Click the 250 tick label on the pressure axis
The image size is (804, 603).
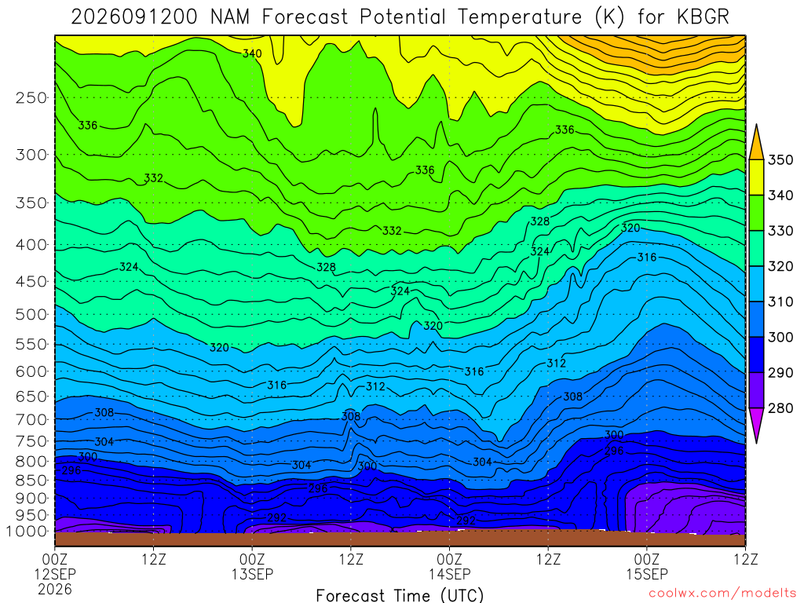tap(31, 98)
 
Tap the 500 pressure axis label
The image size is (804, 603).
tap(31, 314)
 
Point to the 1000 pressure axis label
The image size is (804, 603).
tap(27, 532)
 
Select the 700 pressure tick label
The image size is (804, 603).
tap(31, 420)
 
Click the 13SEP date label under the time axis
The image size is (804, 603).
tap(252, 574)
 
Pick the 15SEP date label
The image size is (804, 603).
tap(647, 574)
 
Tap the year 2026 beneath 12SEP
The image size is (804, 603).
tap(55, 589)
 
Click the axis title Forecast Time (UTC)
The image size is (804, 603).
tap(400, 595)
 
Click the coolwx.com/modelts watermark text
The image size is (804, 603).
tap(722, 594)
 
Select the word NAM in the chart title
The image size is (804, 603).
tap(230, 17)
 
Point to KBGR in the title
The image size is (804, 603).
tap(703, 17)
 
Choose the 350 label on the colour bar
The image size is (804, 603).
tap(780, 160)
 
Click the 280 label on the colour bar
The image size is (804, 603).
tap(780, 408)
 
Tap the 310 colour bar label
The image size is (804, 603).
tap(780, 301)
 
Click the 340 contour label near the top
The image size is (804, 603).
tap(252, 53)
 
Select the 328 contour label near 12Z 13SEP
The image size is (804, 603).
tap(326, 267)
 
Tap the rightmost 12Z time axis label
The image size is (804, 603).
tap(746, 559)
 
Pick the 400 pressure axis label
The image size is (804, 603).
tap(31, 245)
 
